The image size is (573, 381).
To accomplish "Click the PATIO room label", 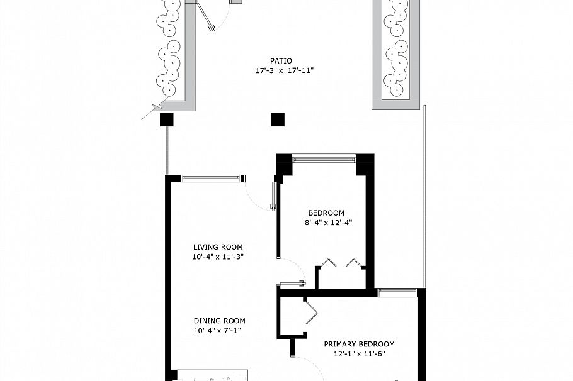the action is [281, 60].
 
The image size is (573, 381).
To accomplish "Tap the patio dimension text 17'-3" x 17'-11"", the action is [285, 70].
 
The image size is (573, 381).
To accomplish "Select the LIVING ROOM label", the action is [218, 247].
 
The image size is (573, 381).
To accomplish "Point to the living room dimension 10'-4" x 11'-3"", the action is [218, 257].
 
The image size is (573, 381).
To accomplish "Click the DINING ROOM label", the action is [219, 321].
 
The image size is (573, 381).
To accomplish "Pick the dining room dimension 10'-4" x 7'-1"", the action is [218, 331].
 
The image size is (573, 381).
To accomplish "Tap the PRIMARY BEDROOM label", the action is [359, 344].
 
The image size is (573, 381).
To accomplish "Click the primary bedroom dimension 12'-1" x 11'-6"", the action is [359, 353].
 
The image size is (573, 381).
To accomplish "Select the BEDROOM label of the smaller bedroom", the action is [326, 213].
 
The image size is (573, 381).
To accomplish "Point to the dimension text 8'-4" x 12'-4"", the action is [328, 223].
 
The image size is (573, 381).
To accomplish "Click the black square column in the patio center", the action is [278, 119].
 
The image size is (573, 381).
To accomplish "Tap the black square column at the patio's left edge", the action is [167, 119].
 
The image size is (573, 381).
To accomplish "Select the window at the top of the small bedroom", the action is [324, 158].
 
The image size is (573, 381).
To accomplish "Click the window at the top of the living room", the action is [213, 179].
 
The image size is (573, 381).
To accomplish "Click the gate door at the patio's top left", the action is [205, 17].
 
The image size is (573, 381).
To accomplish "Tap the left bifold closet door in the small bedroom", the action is [327, 263].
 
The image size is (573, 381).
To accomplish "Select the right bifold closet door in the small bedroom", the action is [354, 263].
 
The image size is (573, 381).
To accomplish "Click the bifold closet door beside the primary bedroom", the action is [310, 311].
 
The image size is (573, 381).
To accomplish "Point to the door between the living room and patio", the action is [274, 196].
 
